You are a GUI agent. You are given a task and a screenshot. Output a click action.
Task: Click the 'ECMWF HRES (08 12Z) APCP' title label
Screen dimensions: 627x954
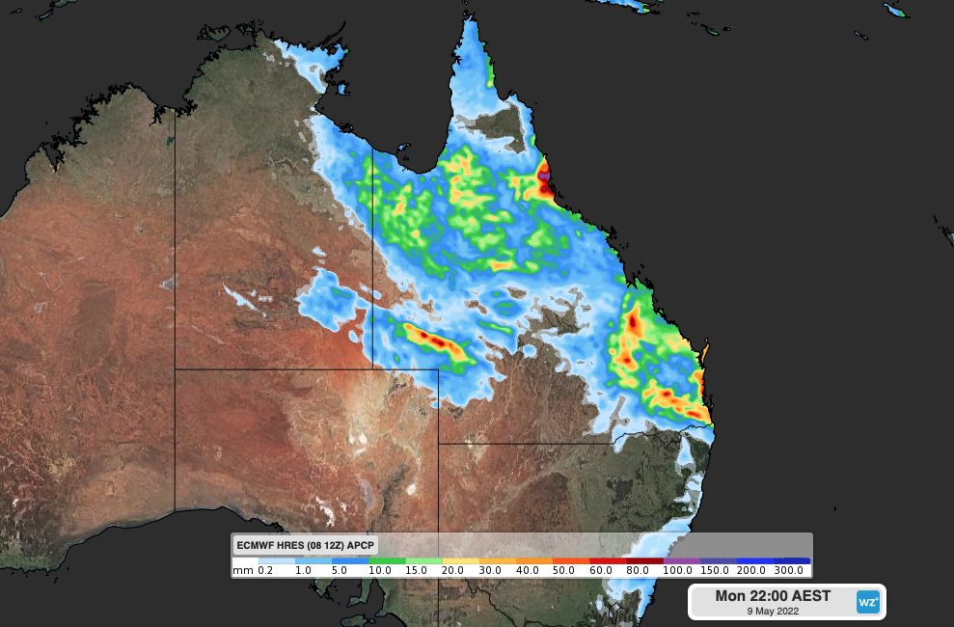tap(306, 545)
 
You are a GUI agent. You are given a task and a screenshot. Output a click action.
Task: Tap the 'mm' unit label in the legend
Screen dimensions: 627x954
tap(243, 571)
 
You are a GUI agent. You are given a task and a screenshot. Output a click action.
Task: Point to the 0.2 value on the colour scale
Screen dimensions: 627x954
tap(266, 571)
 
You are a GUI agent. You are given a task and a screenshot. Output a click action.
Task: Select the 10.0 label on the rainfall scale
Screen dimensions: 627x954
tap(379, 571)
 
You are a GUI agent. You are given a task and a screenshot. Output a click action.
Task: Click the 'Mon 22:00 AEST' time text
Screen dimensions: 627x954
tap(772, 596)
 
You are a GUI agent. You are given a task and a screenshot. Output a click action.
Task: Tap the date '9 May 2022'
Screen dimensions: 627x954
tap(772, 611)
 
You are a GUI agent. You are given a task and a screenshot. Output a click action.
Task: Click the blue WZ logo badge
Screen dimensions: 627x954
tap(868, 603)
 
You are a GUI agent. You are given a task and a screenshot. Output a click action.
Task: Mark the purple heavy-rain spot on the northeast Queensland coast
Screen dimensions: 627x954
tap(544, 177)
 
